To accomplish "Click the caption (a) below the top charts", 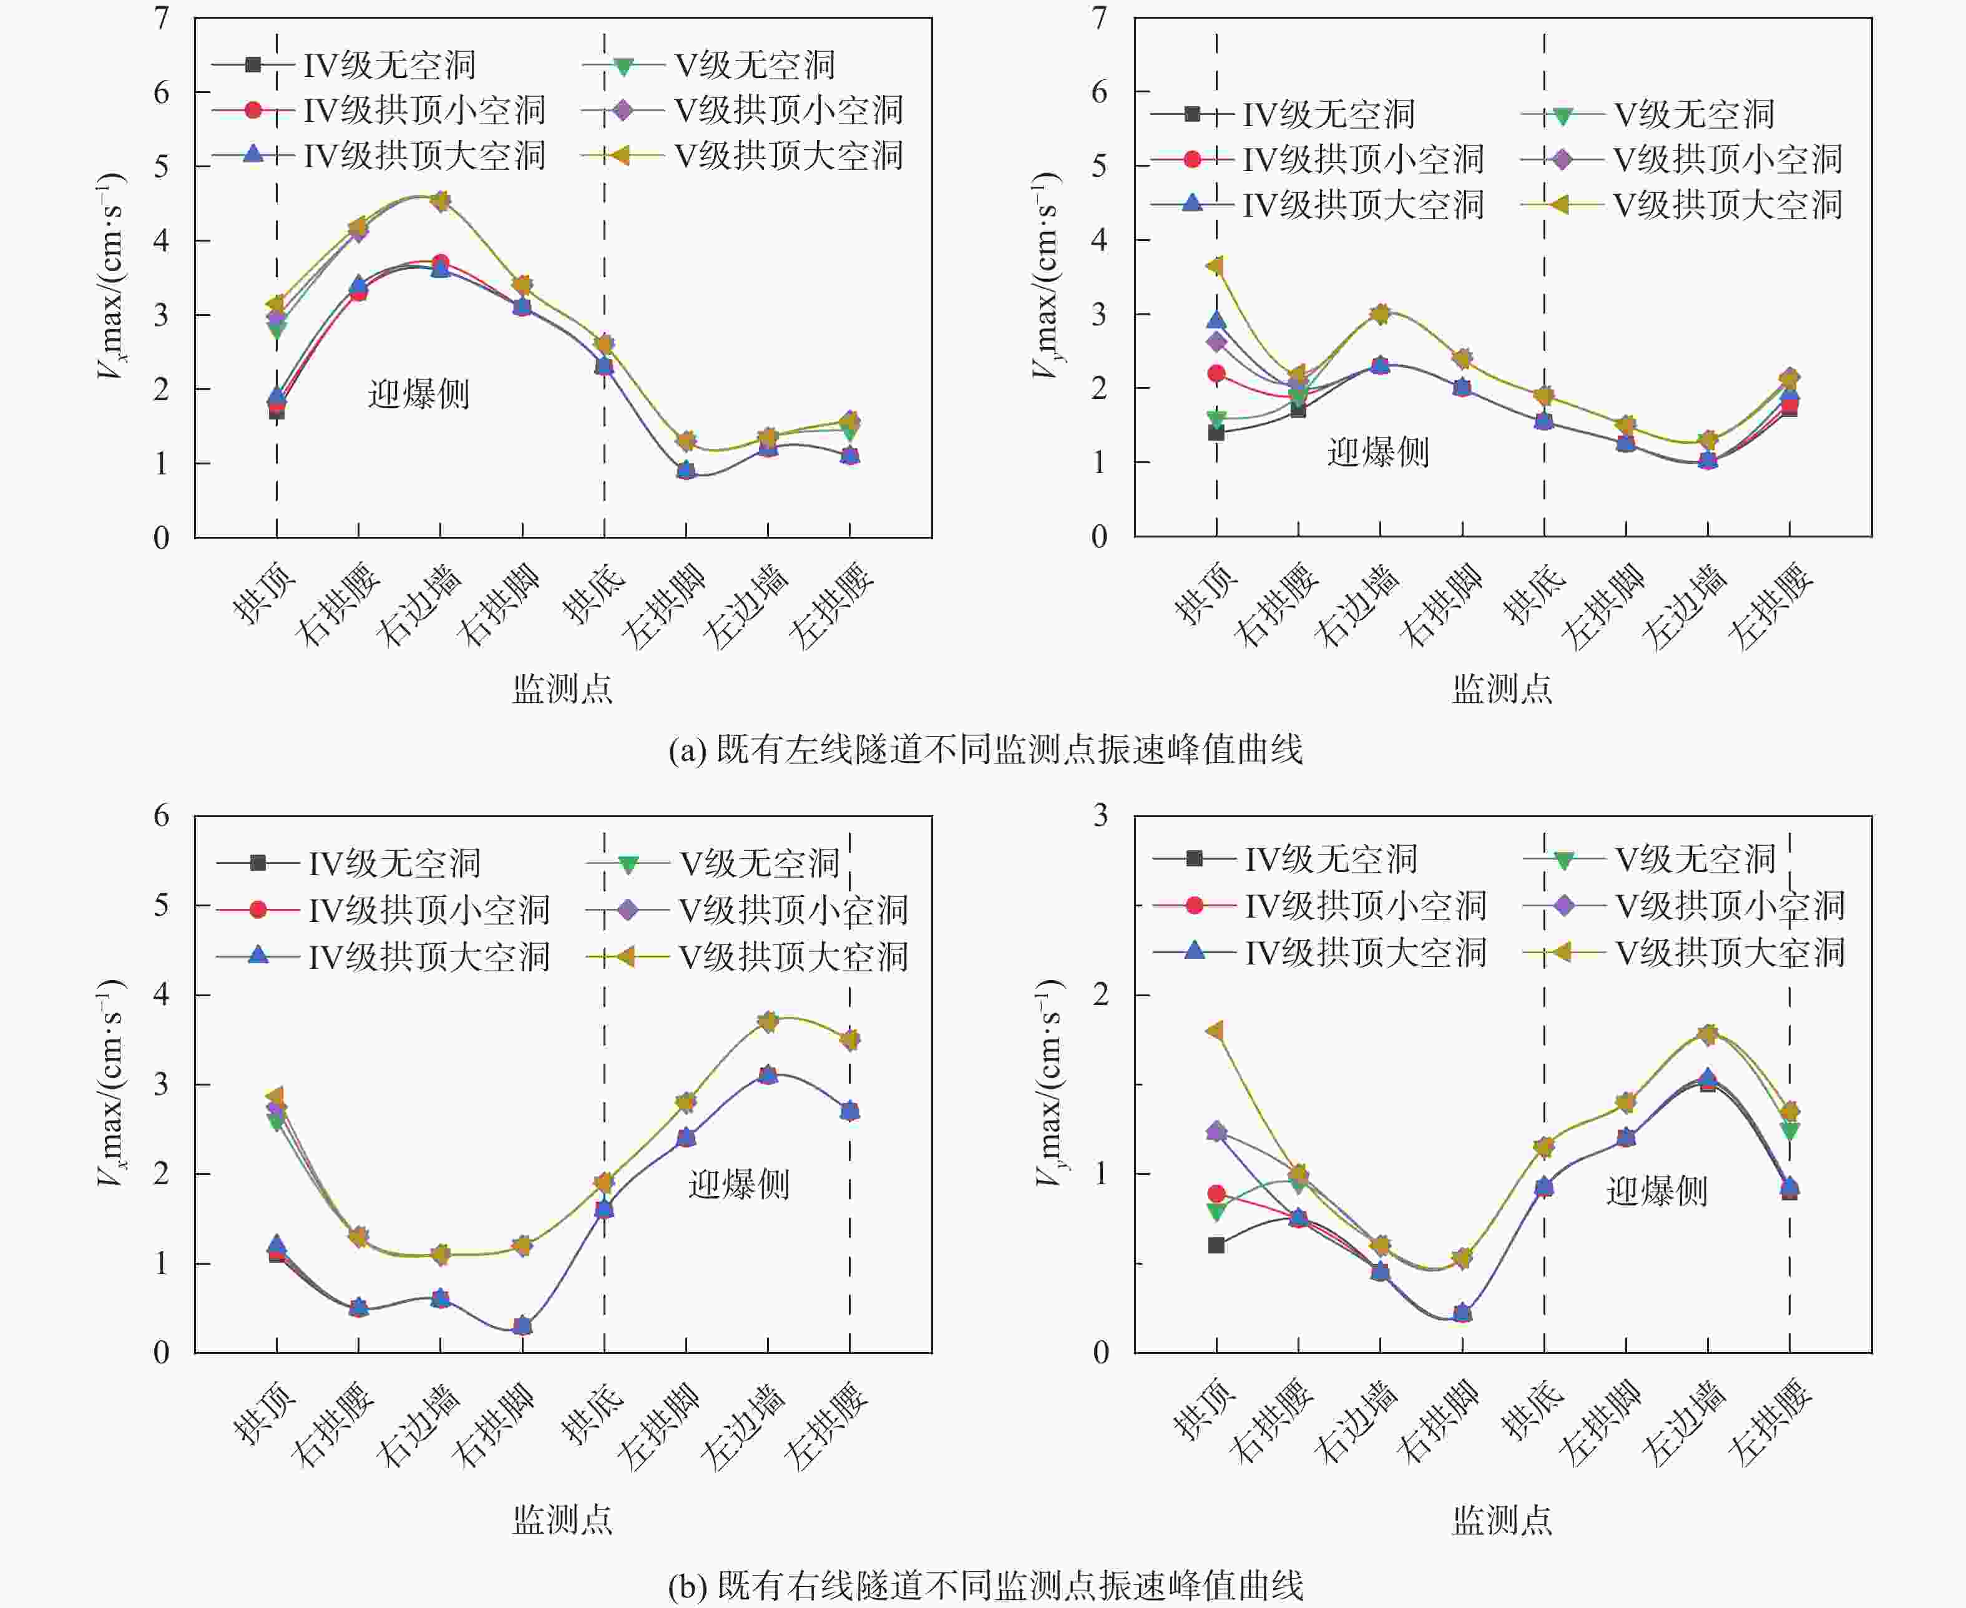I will [x=985, y=748].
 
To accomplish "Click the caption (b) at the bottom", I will [x=985, y=1586].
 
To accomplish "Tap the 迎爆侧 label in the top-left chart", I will [x=419, y=395].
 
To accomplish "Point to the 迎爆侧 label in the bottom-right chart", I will [x=1656, y=1190].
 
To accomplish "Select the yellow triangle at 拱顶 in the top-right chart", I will [x=1215, y=266].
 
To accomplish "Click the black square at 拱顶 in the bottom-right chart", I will [x=1216, y=1245].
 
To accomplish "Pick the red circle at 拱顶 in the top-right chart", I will [x=1216, y=373].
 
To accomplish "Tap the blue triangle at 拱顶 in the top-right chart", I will [x=1216, y=320].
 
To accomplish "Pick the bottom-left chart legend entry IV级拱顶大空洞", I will [x=429, y=956].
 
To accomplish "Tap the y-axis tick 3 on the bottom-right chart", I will [x=1100, y=815].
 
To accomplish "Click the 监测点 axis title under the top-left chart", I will [x=562, y=689].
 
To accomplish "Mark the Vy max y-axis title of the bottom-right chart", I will [x=1049, y=1083].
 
